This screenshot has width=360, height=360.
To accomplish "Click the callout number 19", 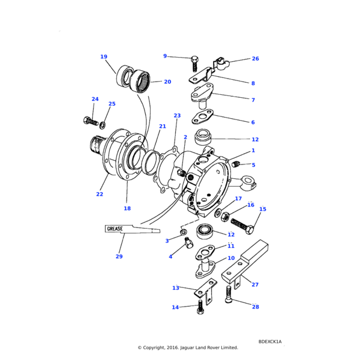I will point(104,57).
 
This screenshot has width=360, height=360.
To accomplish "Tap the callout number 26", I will point(255,59).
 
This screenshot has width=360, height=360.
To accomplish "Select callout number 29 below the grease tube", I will point(119,257).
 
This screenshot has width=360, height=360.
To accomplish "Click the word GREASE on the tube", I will point(115,229).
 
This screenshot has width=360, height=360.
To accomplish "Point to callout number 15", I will point(262,209).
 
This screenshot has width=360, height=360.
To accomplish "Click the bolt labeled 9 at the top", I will point(194,62).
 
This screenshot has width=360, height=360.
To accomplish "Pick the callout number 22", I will point(100,194).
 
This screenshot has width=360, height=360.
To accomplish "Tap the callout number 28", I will point(255,307).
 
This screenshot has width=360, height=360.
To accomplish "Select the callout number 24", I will point(95,99).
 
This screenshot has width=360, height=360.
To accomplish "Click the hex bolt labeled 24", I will point(89,121).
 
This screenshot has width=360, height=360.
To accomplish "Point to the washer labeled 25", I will point(103,125).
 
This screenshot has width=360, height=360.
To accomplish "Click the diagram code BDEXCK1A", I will point(269,341).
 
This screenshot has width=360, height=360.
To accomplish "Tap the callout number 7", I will point(253,100).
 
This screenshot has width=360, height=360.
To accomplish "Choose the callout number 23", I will point(177,115).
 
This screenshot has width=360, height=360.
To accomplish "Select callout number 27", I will point(255,284).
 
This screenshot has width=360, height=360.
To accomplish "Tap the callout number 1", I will point(253,151).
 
